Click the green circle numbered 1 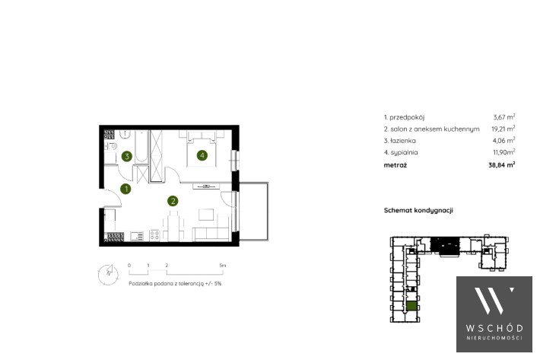125,189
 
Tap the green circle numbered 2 173,201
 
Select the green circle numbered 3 127,156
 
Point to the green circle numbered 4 202,155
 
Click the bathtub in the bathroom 141,146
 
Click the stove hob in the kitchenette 154,235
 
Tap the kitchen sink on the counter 137,236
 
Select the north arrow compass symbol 108,275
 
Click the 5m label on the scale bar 223,266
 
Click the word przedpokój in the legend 407,117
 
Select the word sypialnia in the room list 404,153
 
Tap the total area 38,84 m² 502,164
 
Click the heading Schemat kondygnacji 418,210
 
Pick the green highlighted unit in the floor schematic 411,306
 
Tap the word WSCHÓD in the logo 494,328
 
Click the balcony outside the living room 254,212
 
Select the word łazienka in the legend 403,141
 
